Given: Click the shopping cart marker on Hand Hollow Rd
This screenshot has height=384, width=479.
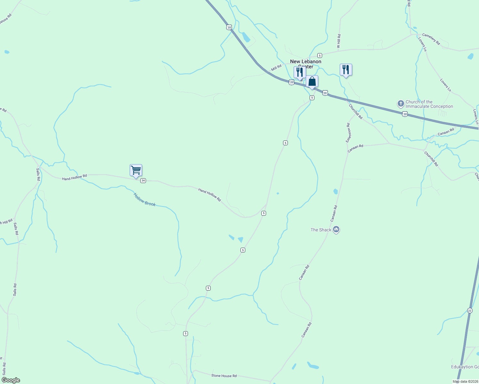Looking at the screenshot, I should point(136,170).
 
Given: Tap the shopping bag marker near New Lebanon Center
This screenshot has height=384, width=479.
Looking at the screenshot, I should point(312,82).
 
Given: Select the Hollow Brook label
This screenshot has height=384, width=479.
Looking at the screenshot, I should point(144,199).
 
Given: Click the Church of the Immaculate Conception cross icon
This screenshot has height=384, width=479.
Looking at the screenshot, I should point(401,104).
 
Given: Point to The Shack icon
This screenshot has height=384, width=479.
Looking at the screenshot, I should point(336,229).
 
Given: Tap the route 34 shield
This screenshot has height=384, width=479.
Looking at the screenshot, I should point(143,180).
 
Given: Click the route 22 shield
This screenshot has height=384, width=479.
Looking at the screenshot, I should point(469,310).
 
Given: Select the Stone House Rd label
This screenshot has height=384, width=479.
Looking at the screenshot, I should point(224,376).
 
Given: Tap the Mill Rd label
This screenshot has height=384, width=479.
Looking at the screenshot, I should point(276,68).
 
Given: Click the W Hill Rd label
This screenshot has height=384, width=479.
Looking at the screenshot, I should point(339,41).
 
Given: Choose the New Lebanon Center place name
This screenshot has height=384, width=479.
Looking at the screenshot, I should point(305,64).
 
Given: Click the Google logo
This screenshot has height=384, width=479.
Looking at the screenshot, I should point(11,380).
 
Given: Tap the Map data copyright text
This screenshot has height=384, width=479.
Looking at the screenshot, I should point(465,381).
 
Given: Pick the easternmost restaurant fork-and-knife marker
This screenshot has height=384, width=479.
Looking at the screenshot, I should point(346,70).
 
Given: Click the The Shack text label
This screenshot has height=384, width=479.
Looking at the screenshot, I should point(321,230).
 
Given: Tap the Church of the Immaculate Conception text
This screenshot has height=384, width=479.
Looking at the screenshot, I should point(429,104).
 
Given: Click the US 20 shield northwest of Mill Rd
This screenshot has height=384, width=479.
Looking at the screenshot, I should point(229,27).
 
